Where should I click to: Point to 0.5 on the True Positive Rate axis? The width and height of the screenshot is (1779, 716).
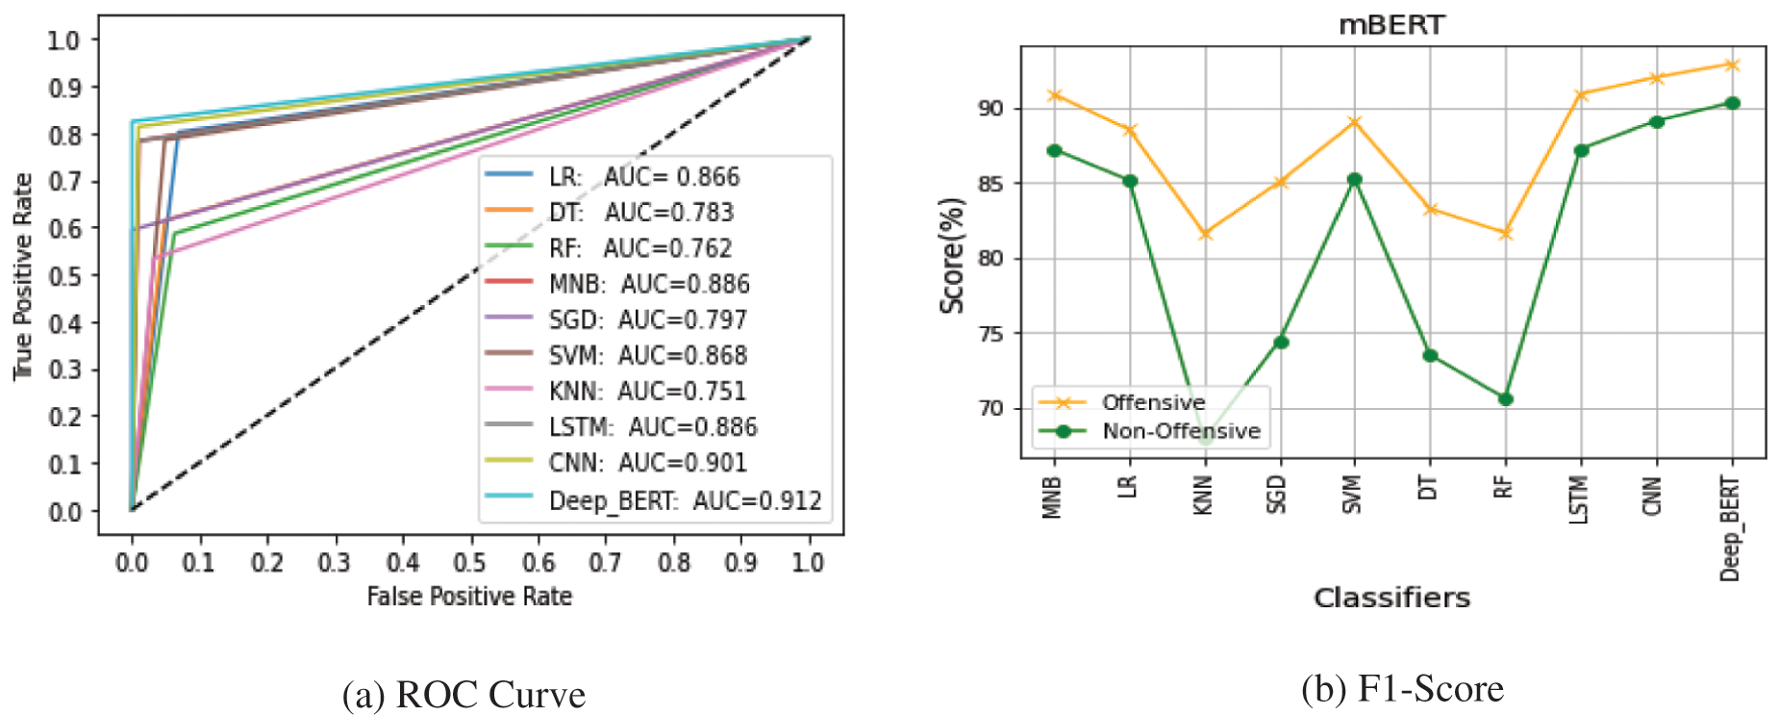65,275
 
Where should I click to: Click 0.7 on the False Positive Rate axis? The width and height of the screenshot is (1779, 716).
605,561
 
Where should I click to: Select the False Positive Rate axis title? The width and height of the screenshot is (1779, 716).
469,597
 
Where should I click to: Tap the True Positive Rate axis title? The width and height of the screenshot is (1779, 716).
23,276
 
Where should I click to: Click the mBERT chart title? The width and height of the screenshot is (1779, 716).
1391,25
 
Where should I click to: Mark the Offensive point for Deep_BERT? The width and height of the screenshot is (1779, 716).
1732,64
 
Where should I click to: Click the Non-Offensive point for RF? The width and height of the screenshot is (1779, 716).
1506,398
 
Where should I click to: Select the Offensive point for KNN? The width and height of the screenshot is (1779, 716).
1205,234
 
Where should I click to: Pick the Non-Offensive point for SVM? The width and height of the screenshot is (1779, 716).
1355,179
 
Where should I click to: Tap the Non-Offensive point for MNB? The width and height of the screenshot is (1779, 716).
1054,151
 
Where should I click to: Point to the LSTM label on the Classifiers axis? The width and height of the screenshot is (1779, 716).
1578,500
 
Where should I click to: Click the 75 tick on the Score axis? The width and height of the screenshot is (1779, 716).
990,334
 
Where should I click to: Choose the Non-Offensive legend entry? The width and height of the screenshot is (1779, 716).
1180,431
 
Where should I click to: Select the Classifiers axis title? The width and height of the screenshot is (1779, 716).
1391,598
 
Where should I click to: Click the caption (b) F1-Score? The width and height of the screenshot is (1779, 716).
1402,689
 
